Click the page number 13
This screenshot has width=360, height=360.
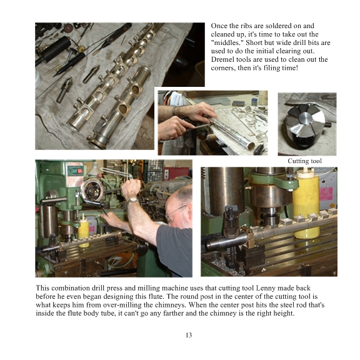(x=189, y=335)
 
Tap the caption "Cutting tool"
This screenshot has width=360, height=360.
(x=304, y=161)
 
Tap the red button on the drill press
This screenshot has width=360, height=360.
(x=79, y=171)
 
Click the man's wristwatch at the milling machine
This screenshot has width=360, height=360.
(x=132, y=200)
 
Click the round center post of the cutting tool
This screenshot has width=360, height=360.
(x=305, y=118)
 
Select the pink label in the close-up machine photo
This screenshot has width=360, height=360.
(x=326, y=194)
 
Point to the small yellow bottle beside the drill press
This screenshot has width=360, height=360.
(x=84, y=232)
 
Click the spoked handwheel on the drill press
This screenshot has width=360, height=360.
(x=92, y=191)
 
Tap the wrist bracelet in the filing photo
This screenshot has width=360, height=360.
(x=174, y=111)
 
